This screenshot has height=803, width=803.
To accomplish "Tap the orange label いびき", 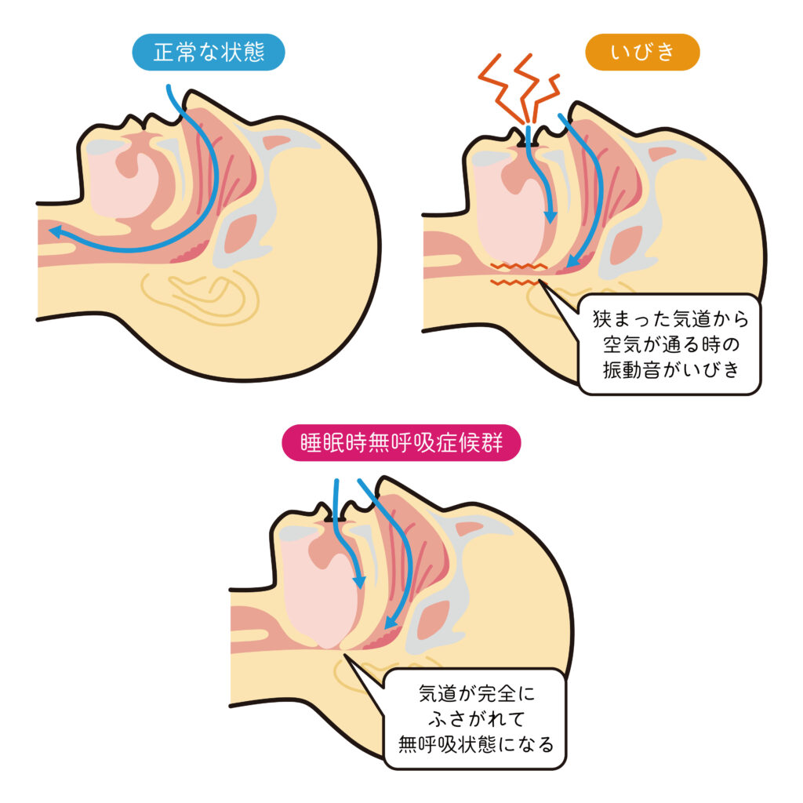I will (641, 53).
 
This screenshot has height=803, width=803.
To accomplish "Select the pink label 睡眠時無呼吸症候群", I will (401, 443).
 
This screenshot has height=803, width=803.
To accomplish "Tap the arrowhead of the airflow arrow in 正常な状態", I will (53, 231).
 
